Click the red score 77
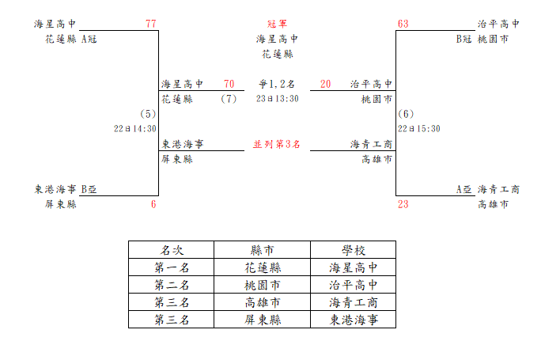click(151, 24)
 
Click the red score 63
click(403, 24)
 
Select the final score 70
click(229, 84)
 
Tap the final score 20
click(325, 84)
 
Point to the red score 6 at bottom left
click(153, 204)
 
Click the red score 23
click(403, 204)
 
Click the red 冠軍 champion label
click(277, 24)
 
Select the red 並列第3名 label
click(277, 144)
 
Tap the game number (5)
click(148, 114)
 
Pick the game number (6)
click(406, 114)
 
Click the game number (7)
click(229, 99)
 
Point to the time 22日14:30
click(135, 129)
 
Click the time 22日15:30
click(419, 129)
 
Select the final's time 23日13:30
click(277, 99)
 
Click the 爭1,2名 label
click(277, 85)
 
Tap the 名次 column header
click(172, 250)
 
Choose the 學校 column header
click(354, 250)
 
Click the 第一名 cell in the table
click(172, 267)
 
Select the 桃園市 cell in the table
click(263, 285)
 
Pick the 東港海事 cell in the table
click(354, 320)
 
